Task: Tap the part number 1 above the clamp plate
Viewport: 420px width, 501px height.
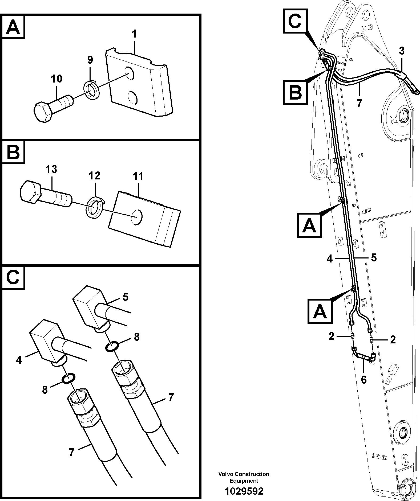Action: [134, 34]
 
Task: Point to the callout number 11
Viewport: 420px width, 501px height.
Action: [138, 176]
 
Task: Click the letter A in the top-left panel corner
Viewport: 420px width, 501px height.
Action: [13, 27]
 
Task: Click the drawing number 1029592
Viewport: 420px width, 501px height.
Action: [244, 491]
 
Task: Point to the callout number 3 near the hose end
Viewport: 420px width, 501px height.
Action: [401, 51]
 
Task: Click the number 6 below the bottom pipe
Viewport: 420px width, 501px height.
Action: [364, 380]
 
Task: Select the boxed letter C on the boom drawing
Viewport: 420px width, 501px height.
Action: [295, 21]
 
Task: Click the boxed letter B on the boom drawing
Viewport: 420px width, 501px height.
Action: [295, 92]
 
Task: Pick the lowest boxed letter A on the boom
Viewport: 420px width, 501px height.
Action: [320, 311]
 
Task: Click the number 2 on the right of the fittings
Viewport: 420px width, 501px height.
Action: [393, 340]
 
